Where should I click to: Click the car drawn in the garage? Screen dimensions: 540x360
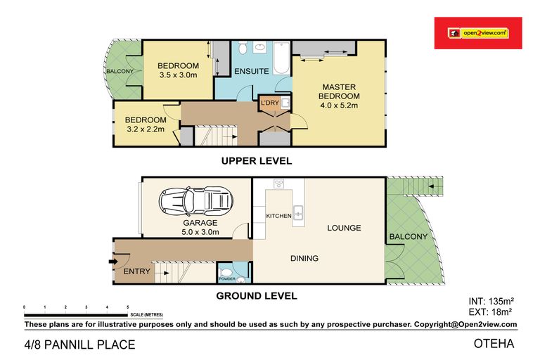click(x=195, y=201)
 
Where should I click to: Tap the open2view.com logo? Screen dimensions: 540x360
click(x=478, y=33)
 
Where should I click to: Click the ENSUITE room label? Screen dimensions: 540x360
click(x=252, y=71)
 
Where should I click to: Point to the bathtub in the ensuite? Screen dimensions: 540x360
click(x=282, y=58)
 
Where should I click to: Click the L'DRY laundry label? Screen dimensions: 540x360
click(x=270, y=103)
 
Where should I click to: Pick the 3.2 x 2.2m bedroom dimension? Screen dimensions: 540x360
click(x=146, y=129)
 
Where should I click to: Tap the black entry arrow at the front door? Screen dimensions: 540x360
click(x=113, y=262)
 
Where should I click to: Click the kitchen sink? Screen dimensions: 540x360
click(x=298, y=212)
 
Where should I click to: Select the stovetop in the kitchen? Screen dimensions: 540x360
click(x=278, y=184)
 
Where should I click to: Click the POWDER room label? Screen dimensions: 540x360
click(x=227, y=278)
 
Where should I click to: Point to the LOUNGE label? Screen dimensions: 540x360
click(x=344, y=228)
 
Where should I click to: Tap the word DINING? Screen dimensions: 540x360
click(x=304, y=258)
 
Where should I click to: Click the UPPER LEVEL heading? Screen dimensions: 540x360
click(x=257, y=161)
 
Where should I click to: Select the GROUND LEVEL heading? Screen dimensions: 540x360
click(x=257, y=296)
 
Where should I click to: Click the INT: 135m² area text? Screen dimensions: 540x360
click(x=491, y=302)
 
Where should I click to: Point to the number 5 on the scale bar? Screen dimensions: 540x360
click(x=128, y=307)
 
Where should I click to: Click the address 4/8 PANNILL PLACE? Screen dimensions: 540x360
click(x=80, y=345)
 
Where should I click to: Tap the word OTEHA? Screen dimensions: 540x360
click(x=494, y=343)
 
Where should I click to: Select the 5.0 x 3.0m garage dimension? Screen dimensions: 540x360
click(x=200, y=232)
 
